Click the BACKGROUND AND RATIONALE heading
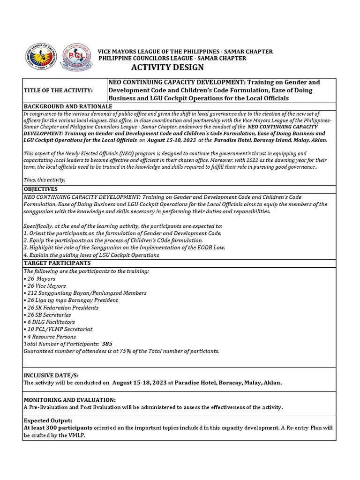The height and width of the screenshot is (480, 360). (67, 107)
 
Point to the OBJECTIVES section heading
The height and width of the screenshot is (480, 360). (40, 188)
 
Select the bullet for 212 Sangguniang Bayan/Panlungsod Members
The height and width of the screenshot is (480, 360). (85, 293)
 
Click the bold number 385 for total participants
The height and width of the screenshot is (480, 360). (107, 344)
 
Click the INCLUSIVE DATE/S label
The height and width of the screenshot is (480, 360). (50, 375)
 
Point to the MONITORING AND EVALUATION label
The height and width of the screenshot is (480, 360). (69, 400)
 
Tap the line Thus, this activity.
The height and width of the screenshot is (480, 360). (44, 180)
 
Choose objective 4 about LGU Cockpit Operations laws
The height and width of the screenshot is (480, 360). (91, 255)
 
